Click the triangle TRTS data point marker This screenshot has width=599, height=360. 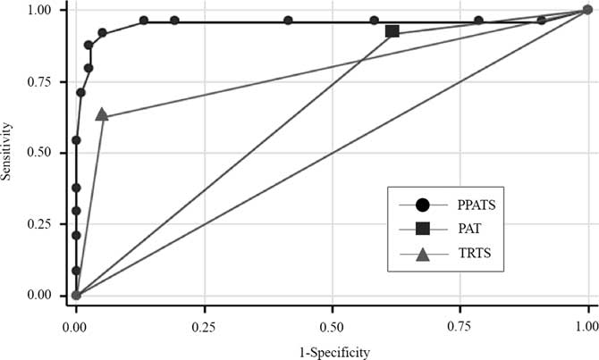pos(102,114)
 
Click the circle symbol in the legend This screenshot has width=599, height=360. pos(423,204)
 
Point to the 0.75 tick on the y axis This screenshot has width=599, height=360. pos(46,81)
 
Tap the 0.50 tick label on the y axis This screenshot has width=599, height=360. pos(46,153)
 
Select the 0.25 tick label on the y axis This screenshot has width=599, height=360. pos(46,224)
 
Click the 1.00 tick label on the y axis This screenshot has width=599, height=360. pos(46,11)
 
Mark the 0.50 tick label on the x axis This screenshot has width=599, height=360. pos(332,317)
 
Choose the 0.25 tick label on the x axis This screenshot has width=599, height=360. pos(204,317)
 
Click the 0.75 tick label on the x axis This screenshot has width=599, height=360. pos(460,317)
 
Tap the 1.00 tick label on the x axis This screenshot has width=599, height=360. pos(586,317)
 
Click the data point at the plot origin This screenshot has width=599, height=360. pos(76,295)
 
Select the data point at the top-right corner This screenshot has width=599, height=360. pos(586,11)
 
